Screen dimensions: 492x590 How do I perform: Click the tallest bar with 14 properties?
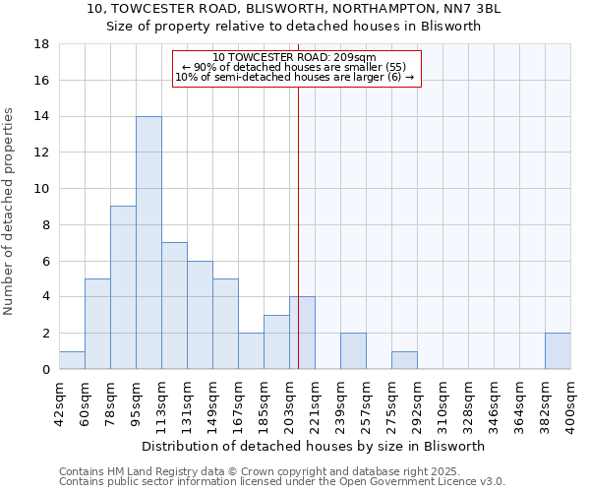[x=148, y=243]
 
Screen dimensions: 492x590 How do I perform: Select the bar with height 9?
[x=123, y=287]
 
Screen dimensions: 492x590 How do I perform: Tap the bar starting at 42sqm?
[x=72, y=360]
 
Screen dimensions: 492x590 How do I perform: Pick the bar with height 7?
[x=174, y=306]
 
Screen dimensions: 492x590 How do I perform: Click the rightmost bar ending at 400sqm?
[x=558, y=351]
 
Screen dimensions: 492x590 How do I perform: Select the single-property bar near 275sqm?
[x=404, y=360]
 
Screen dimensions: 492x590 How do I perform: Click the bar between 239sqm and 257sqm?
[x=353, y=351]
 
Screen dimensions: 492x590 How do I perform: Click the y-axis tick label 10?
[x=40, y=189]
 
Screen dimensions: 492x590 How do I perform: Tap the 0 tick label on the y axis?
[x=44, y=370]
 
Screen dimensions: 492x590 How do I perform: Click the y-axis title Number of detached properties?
[x=11, y=212]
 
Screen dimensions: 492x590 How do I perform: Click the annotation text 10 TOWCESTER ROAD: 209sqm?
[x=295, y=58]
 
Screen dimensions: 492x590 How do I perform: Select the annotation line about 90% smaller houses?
[x=295, y=67]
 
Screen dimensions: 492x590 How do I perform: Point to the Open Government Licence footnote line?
[x=282, y=482]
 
